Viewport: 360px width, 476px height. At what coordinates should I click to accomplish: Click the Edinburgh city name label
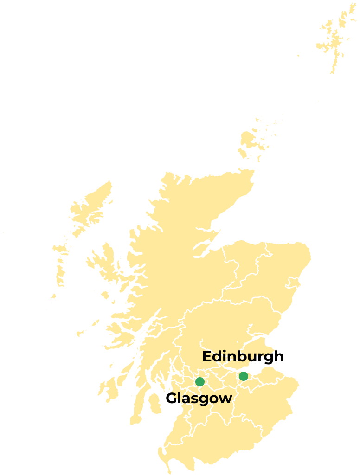[x=243, y=357]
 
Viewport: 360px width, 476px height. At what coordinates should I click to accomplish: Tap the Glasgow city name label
[x=199, y=398]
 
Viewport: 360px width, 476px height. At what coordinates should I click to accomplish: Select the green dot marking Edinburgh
[x=243, y=376]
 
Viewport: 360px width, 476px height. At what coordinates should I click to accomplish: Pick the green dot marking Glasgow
[x=199, y=382]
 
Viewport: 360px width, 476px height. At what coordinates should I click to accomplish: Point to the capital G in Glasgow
[x=172, y=398]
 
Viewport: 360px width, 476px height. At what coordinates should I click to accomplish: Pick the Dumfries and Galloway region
[x=204, y=441]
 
